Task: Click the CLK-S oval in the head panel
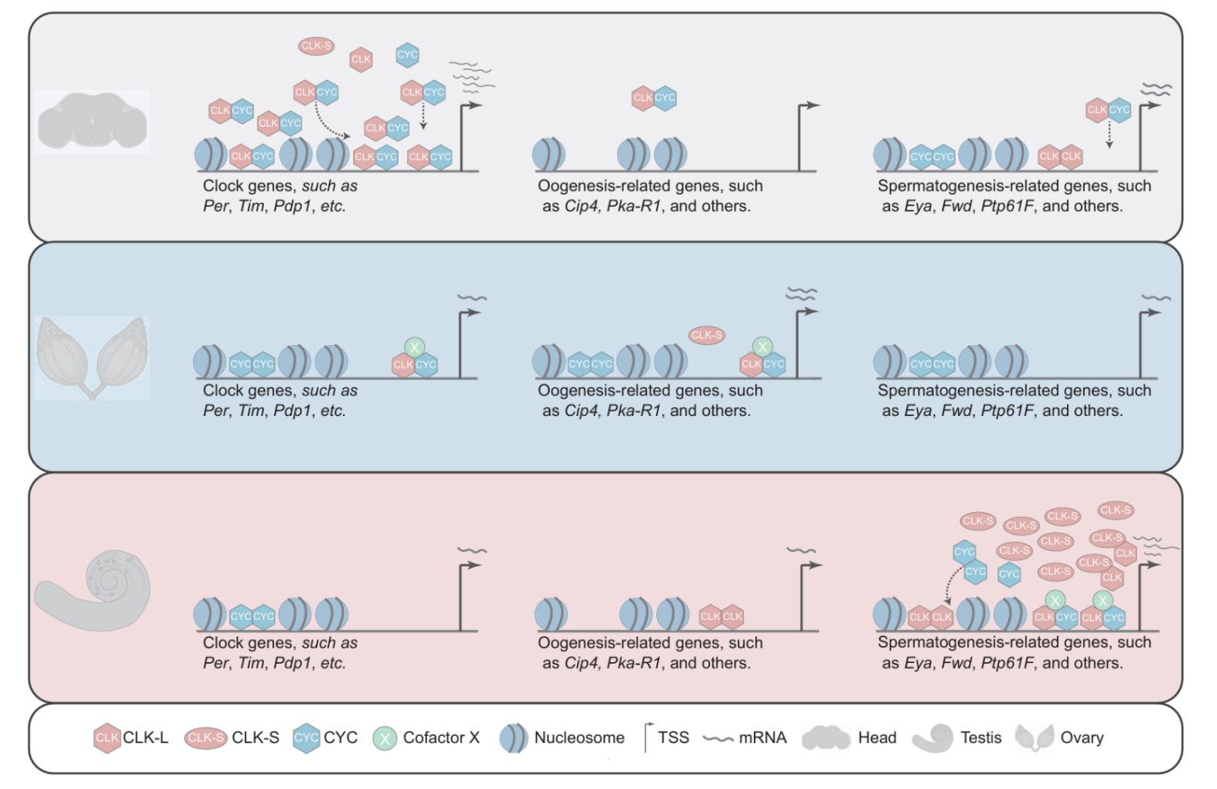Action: coord(315,46)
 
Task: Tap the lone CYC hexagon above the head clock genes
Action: coord(407,55)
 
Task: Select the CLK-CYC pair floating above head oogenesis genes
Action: coord(654,98)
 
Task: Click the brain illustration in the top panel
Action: coord(92,122)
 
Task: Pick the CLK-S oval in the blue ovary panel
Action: coord(706,335)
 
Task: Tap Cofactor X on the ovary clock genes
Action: coord(415,348)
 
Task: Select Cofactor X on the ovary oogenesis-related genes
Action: coord(762,347)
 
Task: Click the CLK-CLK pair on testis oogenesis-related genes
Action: coord(722,616)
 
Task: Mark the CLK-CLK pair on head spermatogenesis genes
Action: coord(1060,157)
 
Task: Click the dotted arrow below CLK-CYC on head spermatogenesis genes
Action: coord(1109,135)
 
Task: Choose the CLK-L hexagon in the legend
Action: coord(107,737)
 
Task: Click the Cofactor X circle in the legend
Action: coord(385,738)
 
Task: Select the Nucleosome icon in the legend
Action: coord(513,738)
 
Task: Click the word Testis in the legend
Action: coord(981,737)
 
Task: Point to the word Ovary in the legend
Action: coord(1082,737)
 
